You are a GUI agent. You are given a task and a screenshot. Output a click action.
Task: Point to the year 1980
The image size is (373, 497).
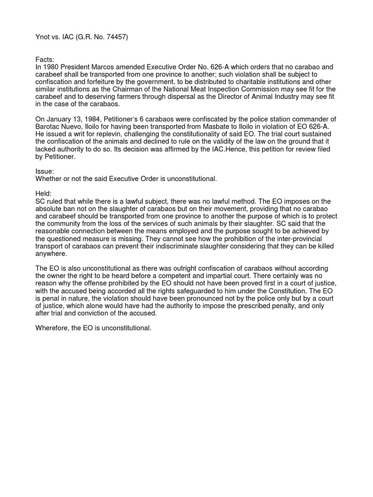pos(51,66)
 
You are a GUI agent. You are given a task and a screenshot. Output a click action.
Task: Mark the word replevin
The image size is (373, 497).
pos(105,134)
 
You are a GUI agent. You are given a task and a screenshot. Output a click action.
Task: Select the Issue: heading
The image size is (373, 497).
pos(45,171)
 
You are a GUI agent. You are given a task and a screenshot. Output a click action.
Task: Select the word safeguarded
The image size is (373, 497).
pos(183,291)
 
